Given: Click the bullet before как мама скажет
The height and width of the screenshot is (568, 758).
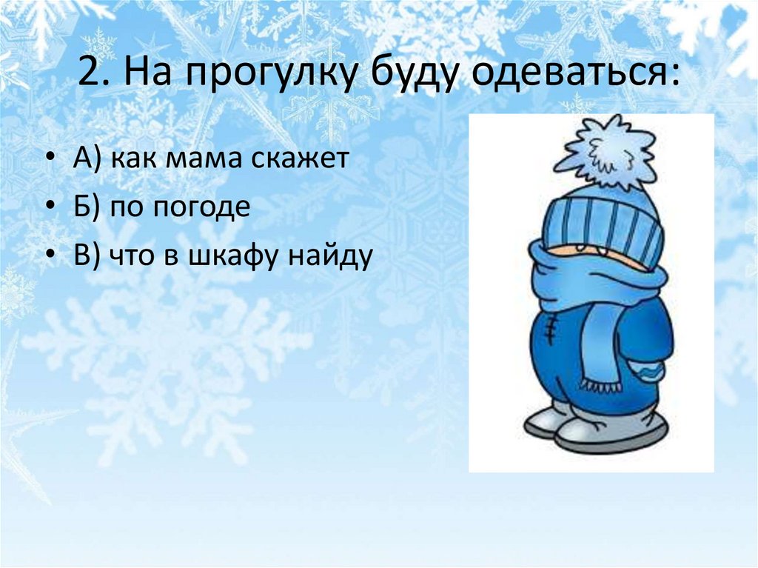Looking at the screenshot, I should pyautogui.click(x=49, y=160).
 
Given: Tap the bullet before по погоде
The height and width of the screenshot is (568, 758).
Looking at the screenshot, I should pyautogui.click(x=49, y=209).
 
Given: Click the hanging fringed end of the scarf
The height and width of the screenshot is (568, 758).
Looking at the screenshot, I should pyautogui.click(x=600, y=355).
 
